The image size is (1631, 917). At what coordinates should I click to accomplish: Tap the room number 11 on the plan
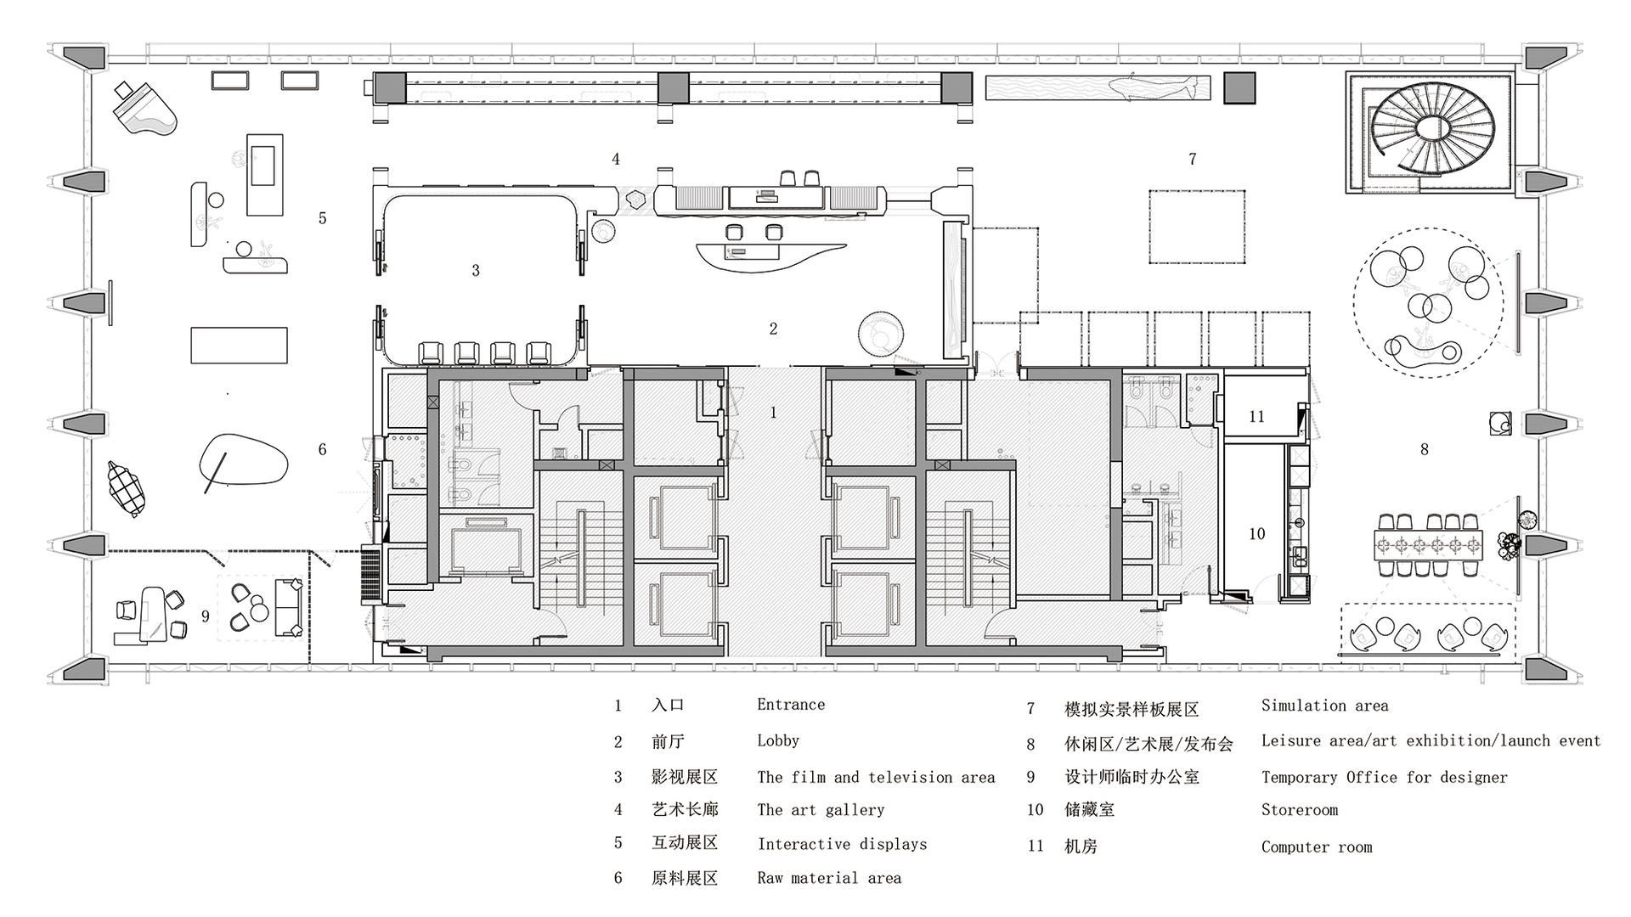[1256, 417]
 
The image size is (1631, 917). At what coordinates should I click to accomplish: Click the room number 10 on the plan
[1256, 534]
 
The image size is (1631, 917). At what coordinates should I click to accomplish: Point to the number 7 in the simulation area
[1193, 159]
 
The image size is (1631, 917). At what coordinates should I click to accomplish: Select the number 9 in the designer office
[206, 616]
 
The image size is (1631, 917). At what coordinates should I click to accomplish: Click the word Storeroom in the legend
[1300, 810]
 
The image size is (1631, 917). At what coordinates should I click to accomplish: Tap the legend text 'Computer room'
[1317, 847]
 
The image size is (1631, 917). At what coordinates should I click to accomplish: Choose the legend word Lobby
[778, 740]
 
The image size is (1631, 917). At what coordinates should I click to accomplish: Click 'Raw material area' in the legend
[829, 878]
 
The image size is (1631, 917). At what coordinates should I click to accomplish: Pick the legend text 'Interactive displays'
[842, 844]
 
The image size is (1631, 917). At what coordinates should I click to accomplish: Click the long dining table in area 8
[1431, 544]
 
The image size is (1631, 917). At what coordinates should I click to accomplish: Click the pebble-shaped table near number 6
[244, 460]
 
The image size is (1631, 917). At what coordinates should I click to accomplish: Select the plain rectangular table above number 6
[239, 345]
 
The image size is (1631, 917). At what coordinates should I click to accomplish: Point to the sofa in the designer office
[289, 607]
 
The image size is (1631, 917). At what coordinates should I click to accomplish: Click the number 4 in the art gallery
[616, 159]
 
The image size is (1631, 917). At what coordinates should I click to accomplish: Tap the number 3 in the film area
[476, 270]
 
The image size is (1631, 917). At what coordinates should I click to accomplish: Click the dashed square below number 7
[1198, 227]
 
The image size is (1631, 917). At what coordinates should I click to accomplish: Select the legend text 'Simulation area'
[1324, 706]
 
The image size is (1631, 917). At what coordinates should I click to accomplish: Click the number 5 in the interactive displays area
[323, 218]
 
